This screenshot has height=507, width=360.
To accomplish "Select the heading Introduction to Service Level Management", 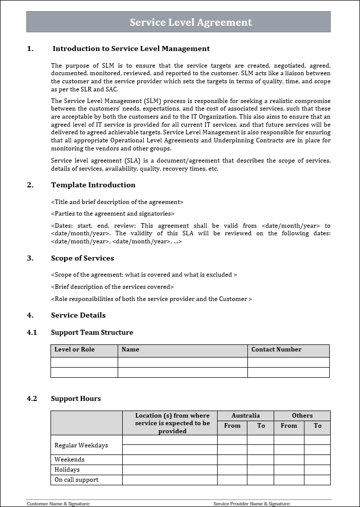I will tap(131, 48).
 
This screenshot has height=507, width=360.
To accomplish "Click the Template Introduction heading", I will tap(93, 185).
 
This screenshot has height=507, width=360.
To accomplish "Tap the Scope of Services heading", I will tap(82, 258).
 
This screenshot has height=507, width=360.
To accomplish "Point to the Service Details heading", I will tap(78, 315).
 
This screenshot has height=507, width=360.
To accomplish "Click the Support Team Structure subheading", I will tap(92, 332).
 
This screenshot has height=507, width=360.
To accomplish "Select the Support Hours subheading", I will tap(76, 398).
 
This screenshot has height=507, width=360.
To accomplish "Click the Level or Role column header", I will tap(74, 349).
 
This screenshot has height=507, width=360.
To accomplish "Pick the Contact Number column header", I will tap(276, 349).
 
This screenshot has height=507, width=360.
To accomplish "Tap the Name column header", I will tap(130, 349).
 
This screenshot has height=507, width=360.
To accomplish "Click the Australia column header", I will tap(245, 416).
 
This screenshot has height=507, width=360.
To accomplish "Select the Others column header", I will tap(302, 416).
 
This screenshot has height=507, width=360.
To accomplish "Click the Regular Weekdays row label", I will tap(81, 445).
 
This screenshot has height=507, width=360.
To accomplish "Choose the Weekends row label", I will tap(69, 460).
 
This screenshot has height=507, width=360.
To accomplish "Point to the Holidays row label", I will tap(67, 470).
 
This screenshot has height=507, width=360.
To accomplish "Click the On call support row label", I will tap(76, 480).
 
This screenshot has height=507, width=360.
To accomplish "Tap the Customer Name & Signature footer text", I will tap(59, 503).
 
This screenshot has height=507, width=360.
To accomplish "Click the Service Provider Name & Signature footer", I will tap(252, 503).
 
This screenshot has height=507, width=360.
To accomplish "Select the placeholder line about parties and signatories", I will tap(113, 214).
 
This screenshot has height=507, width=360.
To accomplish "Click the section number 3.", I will tap(30, 258).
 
